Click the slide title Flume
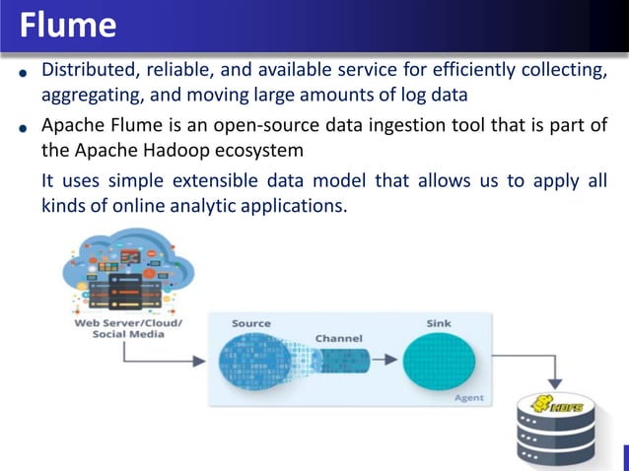point(67,24)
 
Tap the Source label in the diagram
point(251,323)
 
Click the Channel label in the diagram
point(338,338)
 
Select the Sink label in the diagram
point(439,323)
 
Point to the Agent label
point(467,398)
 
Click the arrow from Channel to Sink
point(386,359)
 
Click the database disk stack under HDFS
point(557,438)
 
